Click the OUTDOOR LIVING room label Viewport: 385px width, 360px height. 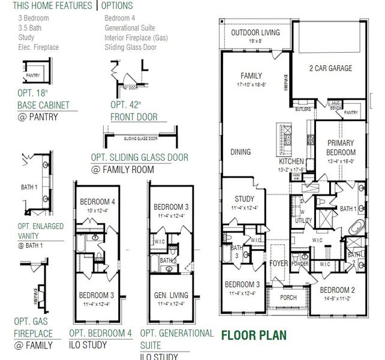(x=255, y=32)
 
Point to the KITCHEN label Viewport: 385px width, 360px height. (x=291, y=162)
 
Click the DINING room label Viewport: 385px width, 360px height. (x=240, y=152)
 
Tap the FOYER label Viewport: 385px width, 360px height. (x=279, y=263)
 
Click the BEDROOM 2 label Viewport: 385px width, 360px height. (x=338, y=290)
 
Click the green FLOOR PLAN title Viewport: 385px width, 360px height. (x=254, y=335)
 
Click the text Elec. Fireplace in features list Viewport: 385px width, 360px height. (x=39, y=47)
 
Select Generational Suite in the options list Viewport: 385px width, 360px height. (x=130, y=28)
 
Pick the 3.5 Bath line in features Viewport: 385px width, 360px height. (x=31, y=28)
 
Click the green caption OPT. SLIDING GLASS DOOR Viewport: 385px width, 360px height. (x=139, y=158)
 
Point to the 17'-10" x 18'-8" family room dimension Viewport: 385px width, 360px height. (x=251, y=85)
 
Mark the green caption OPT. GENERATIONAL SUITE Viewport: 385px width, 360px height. (x=176, y=338)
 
